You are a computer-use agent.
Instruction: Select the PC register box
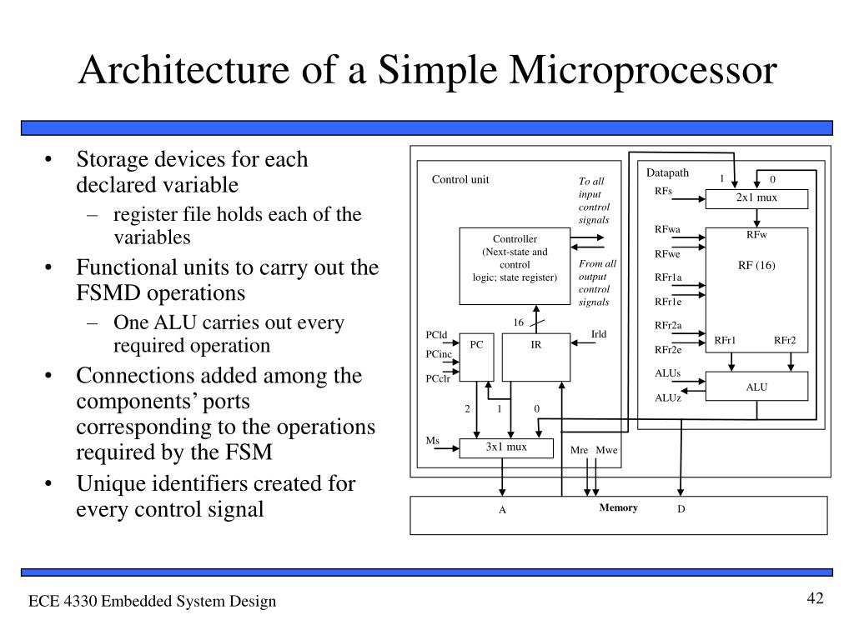(477, 357)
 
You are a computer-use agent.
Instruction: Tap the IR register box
(536, 357)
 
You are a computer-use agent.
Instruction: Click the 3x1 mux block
(506, 447)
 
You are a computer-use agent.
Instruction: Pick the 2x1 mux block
(756, 198)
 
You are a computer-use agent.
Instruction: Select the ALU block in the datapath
(756, 387)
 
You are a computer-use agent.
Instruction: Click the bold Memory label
(618, 508)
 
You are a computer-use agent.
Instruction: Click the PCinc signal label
(439, 355)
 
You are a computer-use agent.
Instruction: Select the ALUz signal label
(668, 397)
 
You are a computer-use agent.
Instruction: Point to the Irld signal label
(599, 335)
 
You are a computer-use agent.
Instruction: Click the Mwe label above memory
(607, 451)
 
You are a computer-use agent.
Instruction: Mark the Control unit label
(460, 180)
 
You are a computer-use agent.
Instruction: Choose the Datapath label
(667, 173)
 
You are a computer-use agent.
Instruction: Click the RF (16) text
(756, 266)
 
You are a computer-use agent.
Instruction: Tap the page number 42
(815, 599)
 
